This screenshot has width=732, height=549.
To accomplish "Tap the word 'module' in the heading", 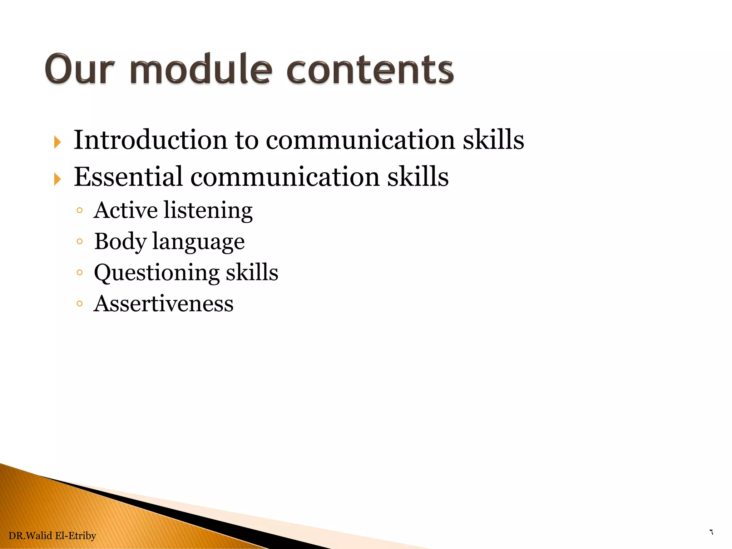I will (201, 70).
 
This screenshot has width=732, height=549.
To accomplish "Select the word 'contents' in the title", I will (370, 70).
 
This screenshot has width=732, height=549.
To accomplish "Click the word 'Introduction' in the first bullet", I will (150, 140).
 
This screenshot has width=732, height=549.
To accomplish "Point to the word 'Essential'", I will (128, 177).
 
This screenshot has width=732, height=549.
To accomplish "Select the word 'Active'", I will (125, 210).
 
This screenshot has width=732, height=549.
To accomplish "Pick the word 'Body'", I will (120, 242).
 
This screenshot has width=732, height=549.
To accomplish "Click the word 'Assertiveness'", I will (163, 304).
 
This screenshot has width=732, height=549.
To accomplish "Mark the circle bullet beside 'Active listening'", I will (79, 211).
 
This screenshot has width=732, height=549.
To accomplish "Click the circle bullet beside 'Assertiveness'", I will (79, 304).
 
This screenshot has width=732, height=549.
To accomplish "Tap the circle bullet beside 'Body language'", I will (79, 242).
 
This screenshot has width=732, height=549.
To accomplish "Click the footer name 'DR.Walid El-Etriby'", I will (52, 535).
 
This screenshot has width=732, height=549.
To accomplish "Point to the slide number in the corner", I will (711, 532).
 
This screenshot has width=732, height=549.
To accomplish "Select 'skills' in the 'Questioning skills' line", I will (252, 272).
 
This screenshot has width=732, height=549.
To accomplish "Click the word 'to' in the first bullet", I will (247, 140).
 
